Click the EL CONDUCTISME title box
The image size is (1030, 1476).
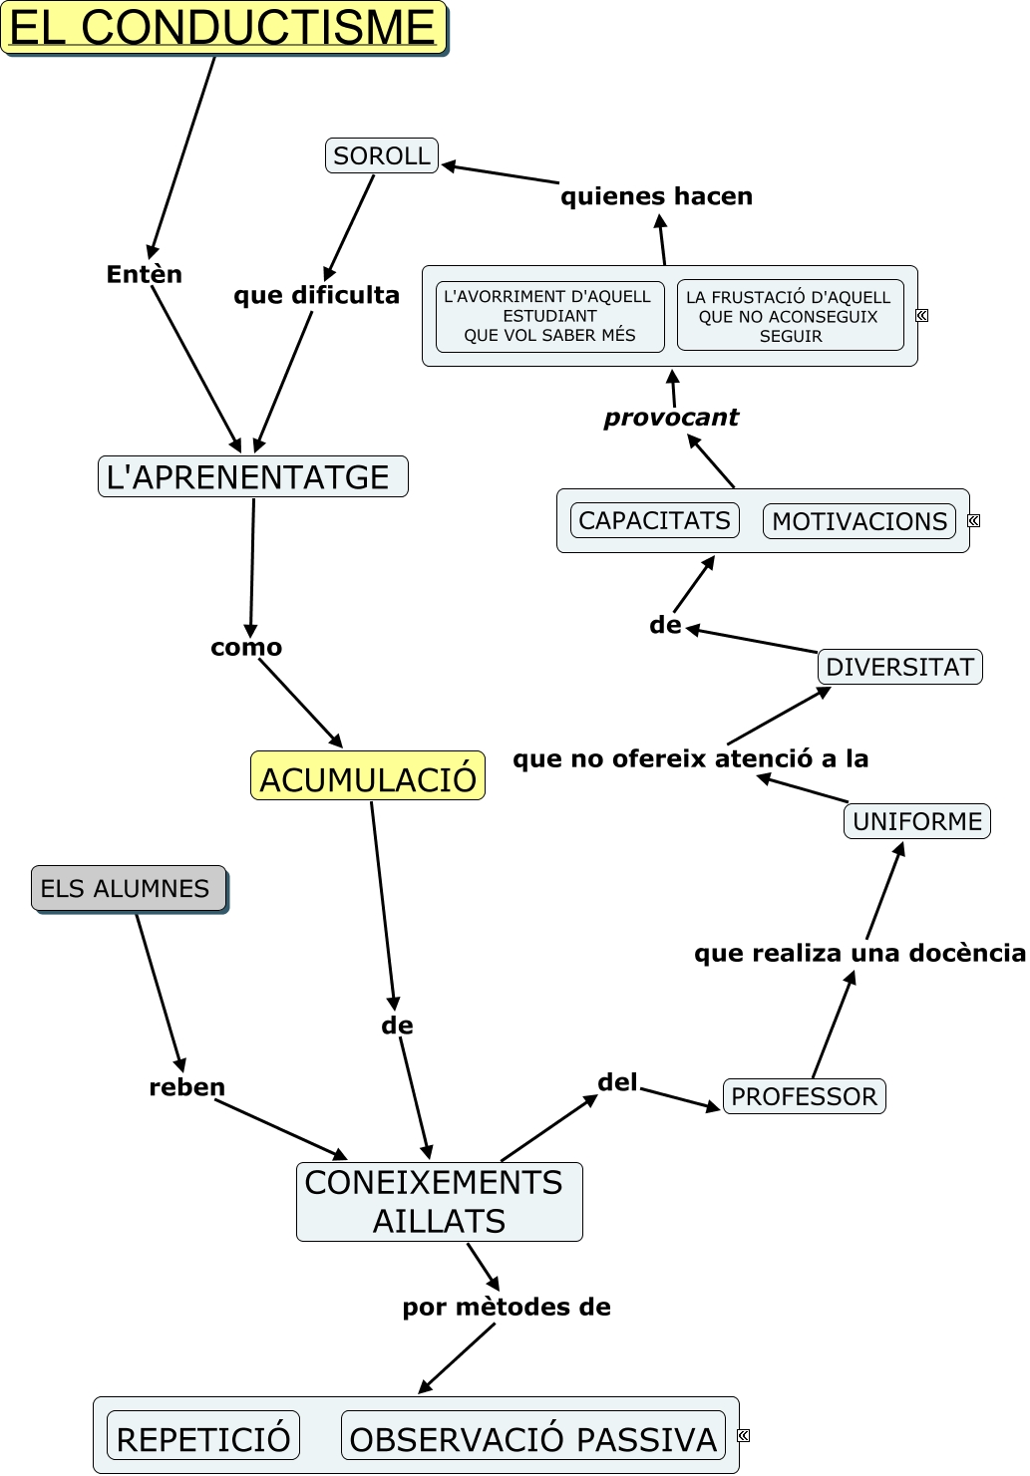click(x=223, y=28)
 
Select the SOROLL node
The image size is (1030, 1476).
click(x=382, y=155)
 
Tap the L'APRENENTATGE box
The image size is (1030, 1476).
click(x=253, y=476)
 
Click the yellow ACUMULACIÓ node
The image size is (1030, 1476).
click(x=368, y=776)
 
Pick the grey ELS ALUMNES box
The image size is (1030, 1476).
click(x=128, y=888)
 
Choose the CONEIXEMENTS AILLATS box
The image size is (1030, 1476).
click(x=439, y=1201)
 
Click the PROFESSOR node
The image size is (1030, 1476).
click(x=804, y=1096)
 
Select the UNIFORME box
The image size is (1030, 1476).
click(x=917, y=821)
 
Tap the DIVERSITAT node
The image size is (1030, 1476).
click(x=899, y=667)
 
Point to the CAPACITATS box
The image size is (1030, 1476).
click(x=654, y=520)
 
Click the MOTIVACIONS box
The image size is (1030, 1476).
click(x=859, y=521)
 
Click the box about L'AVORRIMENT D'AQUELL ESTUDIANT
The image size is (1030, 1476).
click(x=549, y=316)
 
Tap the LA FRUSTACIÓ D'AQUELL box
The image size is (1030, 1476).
click(x=790, y=316)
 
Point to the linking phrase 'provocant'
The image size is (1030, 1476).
click(x=671, y=418)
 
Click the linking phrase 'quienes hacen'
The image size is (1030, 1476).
click(x=656, y=196)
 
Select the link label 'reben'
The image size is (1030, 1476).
click(x=186, y=1087)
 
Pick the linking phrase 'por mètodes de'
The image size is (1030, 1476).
click(x=507, y=1307)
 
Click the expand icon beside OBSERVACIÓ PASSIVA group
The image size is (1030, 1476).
click(x=743, y=1435)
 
